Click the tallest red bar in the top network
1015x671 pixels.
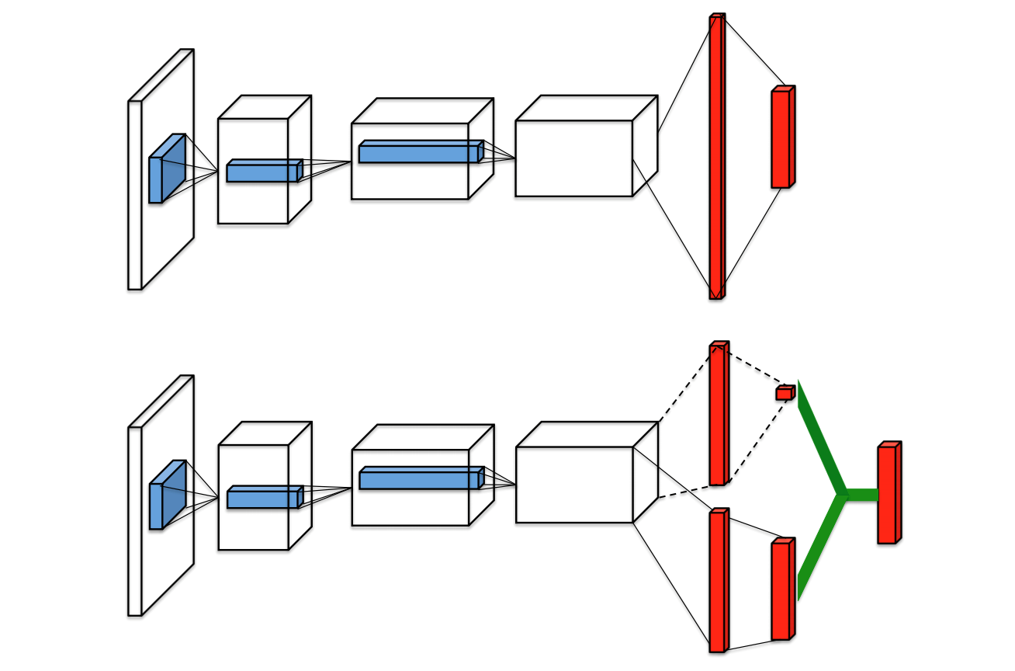[717, 155]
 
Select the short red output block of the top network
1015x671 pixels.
[781, 138]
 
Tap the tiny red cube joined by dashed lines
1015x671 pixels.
[785, 393]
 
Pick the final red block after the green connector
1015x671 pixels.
[888, 494]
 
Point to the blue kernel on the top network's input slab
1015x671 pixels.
[165, 171]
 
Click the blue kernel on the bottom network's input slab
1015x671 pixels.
[165, 497]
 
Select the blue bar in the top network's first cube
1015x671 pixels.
[262, 172]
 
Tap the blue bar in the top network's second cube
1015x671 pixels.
[419, 153]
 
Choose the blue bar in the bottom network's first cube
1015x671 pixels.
[263, 499]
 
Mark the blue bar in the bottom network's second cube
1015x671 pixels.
[420, 479]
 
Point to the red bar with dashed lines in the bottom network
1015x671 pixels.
[718, 415]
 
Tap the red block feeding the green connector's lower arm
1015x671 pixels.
[781, 590]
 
